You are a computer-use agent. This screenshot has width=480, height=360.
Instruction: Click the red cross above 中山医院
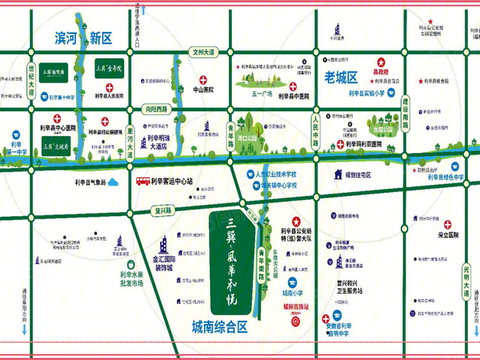[x=204, y=80]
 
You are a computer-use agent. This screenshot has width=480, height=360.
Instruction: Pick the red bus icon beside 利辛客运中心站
[x=141, y=181]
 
